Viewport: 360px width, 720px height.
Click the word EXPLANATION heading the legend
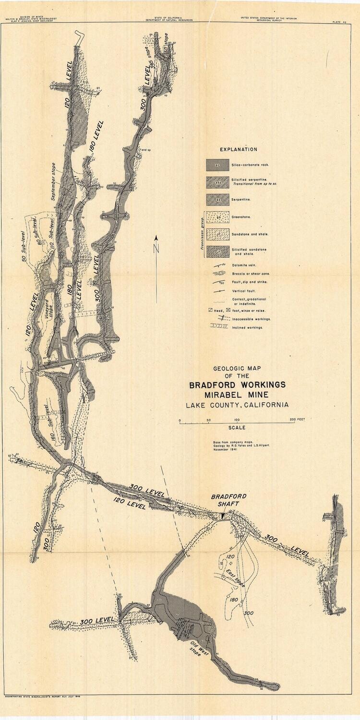click(x=238, y=149)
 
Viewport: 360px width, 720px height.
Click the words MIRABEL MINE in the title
click(x=237, y=395)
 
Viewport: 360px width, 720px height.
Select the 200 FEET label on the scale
click(x=298, y=420)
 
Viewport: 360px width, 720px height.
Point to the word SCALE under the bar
click(x=237, y=428)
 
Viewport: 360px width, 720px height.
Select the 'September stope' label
click(x=54, y=183)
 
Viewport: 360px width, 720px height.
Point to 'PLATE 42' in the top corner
click(x=340, y=22)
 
